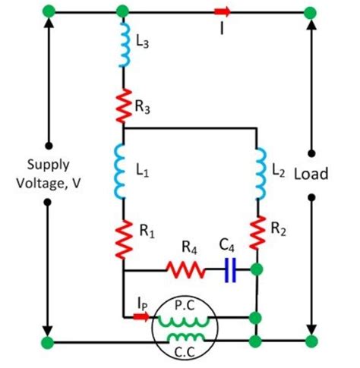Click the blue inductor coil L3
pyautogui.click(x=122, y=46)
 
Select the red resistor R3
pyautogui.click(x=122, y=103)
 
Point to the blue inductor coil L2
pyautogui.click(x=259, y=173)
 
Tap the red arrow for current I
pyautogui.click(x=222, y=11)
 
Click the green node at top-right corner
pyautogui.click(x=310, y=11)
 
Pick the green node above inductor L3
pyautogui.click(x=122, y=11)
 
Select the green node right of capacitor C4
pyautogui.click(x=259, y=269)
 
